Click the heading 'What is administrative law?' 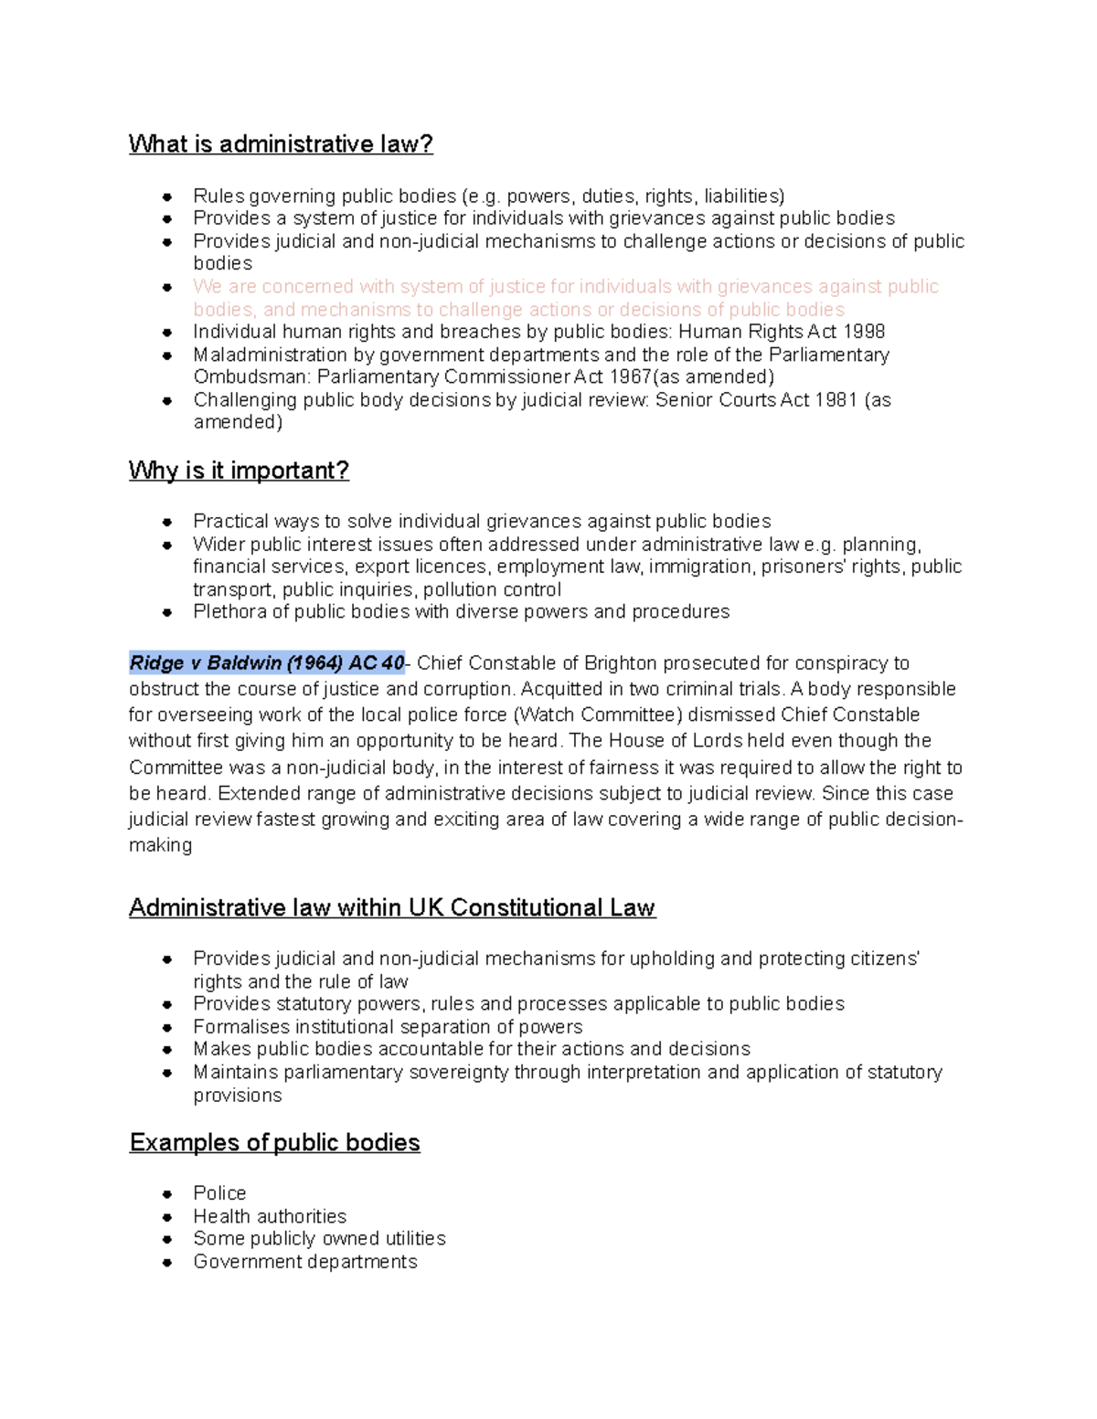[281, 144]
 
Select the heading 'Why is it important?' [239, 471]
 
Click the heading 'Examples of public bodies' [274, 1143]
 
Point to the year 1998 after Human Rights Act [863, 332]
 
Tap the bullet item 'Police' [219, 1193]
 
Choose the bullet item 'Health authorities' [270, 1216]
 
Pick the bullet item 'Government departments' [304, 1262]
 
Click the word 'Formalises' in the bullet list [238, 1027]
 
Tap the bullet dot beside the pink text [167, 287]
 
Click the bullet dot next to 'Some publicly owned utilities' [167, 1239]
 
